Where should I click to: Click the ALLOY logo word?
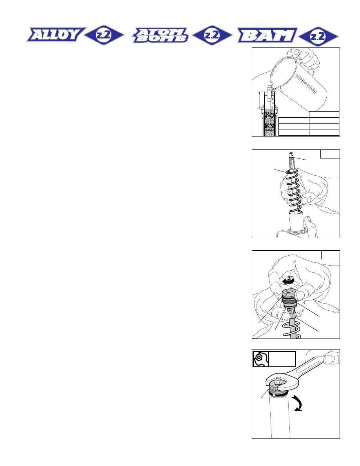pos(56,35)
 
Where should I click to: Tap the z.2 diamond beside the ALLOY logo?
pos(104,35)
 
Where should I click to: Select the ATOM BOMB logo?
pos(160,35)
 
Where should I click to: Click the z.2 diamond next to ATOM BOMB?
pos(212,35)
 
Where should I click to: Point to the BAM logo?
pos(267,35)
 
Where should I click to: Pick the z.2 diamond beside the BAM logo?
pos(318,36)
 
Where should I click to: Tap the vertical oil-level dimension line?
pos(260,100)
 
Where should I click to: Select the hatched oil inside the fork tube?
pos(269,122)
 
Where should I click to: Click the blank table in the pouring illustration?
pos(309,124)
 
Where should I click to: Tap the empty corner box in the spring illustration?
pos(330,154)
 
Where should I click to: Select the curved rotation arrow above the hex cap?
pos(289,280)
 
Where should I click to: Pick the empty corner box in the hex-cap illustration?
pos(331,255)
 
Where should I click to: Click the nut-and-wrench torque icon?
pos(261,359)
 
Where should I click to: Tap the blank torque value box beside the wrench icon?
pos(282,359)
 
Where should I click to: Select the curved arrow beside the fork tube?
pos(298,403)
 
